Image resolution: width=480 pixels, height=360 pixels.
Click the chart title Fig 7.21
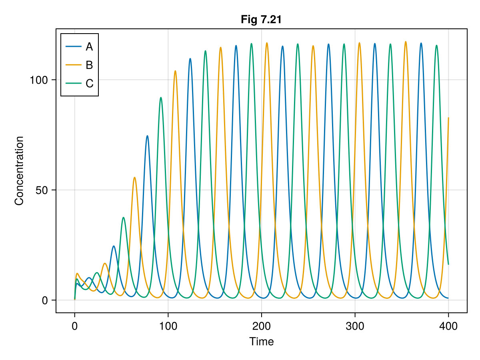261,19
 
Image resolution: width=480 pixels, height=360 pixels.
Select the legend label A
89,47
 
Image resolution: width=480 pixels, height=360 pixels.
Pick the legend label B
89,65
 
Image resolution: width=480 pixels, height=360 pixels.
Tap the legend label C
89,84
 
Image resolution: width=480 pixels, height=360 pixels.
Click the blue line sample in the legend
74,47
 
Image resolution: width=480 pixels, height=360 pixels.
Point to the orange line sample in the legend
74,65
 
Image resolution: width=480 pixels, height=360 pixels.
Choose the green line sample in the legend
74,84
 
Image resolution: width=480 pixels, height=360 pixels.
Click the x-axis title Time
261,342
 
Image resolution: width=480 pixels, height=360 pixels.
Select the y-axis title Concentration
19,171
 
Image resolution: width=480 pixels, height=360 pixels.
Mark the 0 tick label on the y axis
45,300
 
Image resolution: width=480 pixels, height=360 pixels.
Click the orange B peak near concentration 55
134,177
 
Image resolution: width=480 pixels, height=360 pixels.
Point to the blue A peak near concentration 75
147,136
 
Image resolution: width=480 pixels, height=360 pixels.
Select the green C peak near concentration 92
161,97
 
